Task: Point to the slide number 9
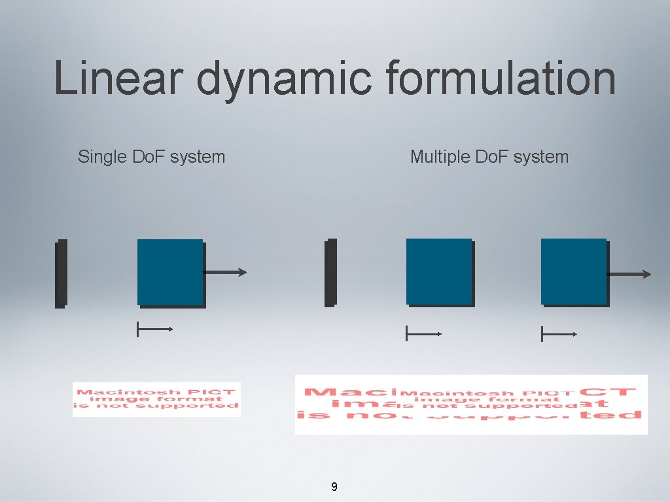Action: tap(334, 486)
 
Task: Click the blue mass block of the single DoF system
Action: tap(171, 273)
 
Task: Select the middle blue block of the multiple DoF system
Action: tap(440, 272)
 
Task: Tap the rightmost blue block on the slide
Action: tap(574, 272)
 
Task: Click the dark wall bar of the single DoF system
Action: tap(61, 273)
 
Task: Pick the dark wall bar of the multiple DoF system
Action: tap(330, 273)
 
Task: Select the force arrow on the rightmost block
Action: tap(629, 274)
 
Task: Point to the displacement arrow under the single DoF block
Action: tap(154, 329)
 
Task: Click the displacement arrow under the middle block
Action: tap(424, 334)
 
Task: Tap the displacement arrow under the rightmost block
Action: tap(559, 335)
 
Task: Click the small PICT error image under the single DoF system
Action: tap(156, 399)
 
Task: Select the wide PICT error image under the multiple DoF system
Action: tap(471, 404)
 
